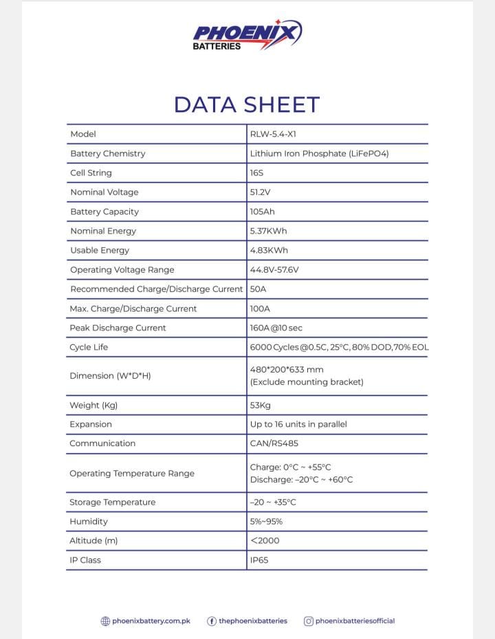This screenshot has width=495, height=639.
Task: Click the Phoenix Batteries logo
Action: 247,35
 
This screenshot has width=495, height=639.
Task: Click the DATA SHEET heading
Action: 247,105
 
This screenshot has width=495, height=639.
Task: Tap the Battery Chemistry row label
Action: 108,154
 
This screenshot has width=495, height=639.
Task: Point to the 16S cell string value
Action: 257,173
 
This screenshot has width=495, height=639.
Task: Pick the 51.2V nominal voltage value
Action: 261,192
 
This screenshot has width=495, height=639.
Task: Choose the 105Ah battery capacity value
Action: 263,211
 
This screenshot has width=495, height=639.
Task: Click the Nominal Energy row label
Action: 103,231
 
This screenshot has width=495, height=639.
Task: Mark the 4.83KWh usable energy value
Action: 269,250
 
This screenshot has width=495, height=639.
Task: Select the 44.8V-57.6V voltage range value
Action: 274,269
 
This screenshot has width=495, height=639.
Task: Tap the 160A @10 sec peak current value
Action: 276,328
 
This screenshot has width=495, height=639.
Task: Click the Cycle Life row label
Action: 89,347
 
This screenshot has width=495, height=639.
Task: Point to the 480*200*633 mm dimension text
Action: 287,370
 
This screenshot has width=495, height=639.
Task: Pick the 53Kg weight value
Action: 261,406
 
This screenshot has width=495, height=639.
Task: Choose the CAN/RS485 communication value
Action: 274,443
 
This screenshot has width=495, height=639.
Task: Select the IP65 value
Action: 259,560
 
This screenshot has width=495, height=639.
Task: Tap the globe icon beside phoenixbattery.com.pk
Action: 105,621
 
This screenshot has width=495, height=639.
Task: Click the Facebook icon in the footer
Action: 212,621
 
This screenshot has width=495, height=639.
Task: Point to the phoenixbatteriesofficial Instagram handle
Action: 355,621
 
